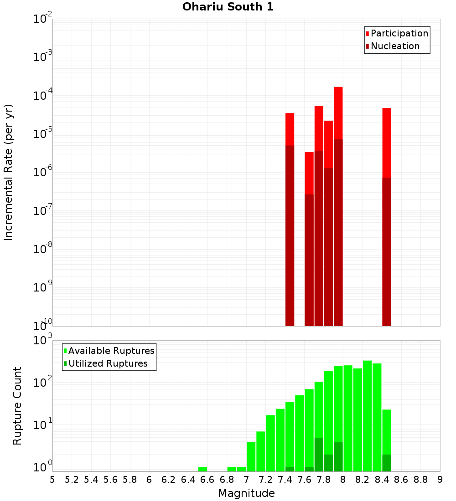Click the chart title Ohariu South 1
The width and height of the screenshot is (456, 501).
point(228,7)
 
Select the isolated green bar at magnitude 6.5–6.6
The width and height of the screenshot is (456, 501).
point(202,469)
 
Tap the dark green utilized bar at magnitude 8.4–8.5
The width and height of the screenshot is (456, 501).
point(387,463)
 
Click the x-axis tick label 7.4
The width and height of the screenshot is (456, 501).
point(285,480)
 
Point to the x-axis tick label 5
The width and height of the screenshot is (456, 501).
point(52,480)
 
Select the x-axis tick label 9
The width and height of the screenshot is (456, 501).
point(440,480)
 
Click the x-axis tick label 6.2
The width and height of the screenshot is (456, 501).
point(169,480)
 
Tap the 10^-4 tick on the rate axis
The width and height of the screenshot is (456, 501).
point(42,96)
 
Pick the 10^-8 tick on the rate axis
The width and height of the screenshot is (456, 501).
point(42,250)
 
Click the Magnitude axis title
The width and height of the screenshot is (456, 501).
point(246,493)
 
